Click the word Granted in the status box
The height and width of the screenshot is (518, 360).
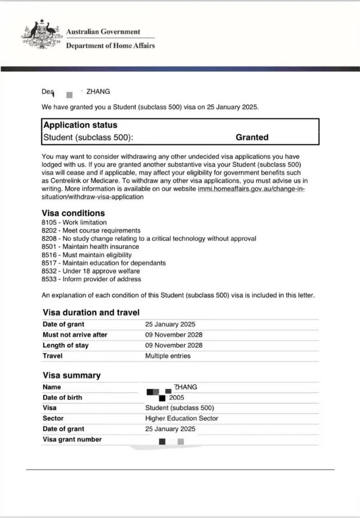pos(252,137)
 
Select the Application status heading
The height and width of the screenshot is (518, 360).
pos(80,125)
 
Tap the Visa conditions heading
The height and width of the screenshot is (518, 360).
pos(73,213)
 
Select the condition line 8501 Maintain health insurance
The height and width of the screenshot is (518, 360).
pos(90,247)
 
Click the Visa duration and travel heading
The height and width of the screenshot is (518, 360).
pos(91,313)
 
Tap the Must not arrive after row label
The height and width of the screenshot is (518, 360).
pos(75,335)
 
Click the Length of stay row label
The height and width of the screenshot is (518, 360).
pos(65,345)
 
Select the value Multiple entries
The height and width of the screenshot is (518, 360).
pos(168,356)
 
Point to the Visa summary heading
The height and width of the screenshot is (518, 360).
pos(72,376)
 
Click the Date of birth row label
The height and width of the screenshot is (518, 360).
pos(62,398)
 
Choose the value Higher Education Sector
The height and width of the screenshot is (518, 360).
pos(181,418)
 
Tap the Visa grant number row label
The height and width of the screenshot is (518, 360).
pos(72,440)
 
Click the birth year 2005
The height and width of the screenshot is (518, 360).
pos(176,398)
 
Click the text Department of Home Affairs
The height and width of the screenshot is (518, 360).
pos(110,45)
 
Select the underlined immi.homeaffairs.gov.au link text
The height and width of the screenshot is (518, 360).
pos(251,189)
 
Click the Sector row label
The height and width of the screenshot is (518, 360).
pos(53,418)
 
